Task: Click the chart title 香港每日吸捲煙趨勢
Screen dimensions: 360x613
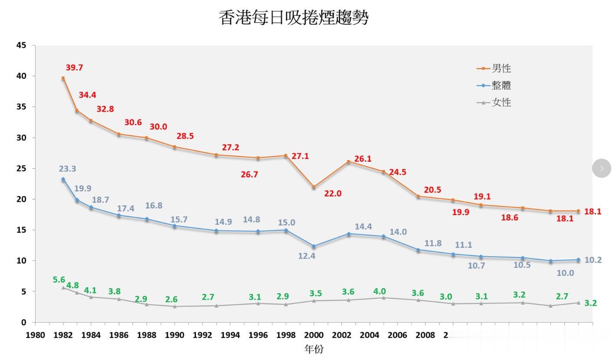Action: (x=293, y=18)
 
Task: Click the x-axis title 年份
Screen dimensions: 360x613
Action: (x=313, y=349)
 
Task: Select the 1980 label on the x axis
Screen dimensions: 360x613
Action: (x=35, y=335)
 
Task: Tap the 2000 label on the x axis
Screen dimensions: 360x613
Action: (x=314, y=335)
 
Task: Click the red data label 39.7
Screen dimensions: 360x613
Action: (x=74, y=67)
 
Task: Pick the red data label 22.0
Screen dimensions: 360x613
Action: (x=333, y=193)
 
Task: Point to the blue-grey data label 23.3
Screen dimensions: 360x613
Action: (x=67, y=169)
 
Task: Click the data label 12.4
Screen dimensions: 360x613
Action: (x=307, y=256)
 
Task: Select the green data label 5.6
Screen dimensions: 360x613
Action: (x=59, y=280)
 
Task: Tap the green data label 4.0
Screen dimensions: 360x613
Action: (x=380, y=291)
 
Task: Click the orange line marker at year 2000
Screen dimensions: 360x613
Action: (x=314, y=187)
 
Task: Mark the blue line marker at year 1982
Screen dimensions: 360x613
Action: (x=63, y=179)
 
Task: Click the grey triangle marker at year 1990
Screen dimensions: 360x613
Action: (x=175, y=306)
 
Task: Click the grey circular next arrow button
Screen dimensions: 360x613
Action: (x=601, y=168)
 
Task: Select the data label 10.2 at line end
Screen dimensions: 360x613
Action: (x=593, y=260)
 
